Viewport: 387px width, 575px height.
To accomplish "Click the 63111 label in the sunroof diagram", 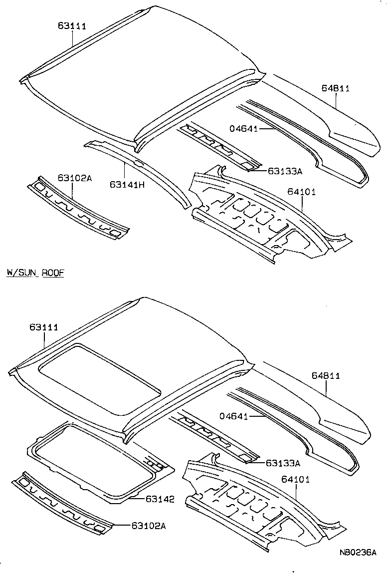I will [44, 327].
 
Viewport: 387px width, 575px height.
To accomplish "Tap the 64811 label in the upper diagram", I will [335, 88].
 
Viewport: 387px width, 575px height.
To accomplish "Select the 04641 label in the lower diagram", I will [234, 415].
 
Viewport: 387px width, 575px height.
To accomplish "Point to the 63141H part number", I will [127, 184].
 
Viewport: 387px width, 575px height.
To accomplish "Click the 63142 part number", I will [160, 499].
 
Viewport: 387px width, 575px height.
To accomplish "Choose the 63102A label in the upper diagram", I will [74, 178].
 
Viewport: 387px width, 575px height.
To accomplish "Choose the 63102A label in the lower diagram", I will [149, 525].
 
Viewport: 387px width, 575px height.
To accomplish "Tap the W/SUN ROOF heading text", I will [35, 273].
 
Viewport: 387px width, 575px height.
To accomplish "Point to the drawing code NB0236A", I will [357, 553].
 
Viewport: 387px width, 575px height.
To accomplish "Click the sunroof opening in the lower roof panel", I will [100, 369].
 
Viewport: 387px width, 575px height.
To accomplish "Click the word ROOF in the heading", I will [53, 273].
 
